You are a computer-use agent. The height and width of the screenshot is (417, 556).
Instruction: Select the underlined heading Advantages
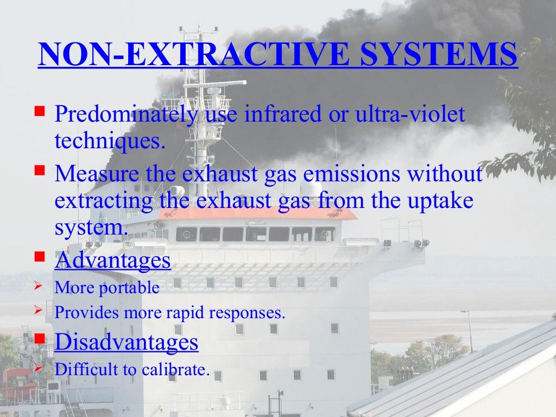(113, 261)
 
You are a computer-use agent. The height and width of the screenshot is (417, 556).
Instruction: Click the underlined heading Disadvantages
(127, 342)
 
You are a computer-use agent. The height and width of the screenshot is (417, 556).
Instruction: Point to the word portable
(129, 288)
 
